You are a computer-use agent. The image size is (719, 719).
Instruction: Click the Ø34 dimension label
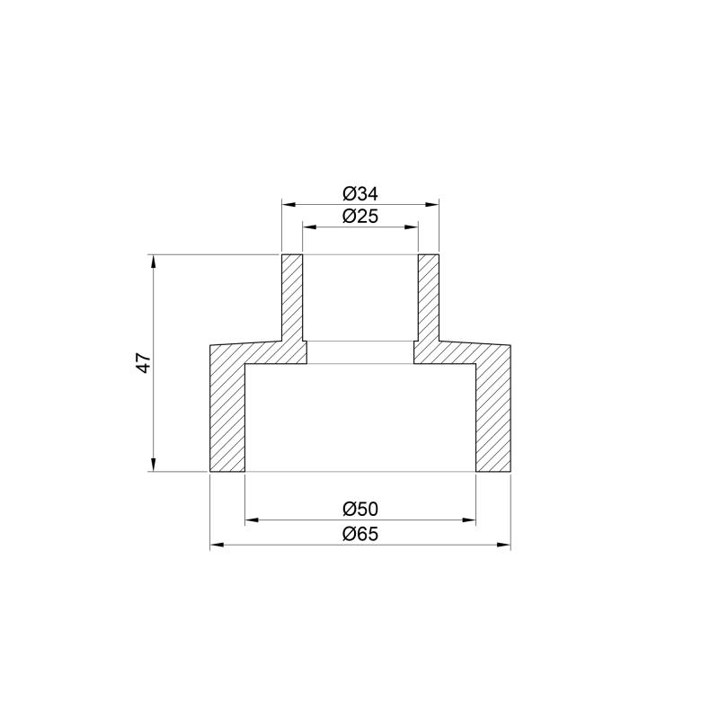click(360, 194)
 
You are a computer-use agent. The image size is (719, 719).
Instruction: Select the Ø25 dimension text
click(360, 216)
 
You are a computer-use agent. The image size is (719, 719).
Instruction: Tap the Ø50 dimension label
click(360, 509)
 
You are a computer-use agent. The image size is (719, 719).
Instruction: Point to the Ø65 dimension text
click(360, 534)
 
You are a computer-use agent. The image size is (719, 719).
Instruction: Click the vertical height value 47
click(144, 363)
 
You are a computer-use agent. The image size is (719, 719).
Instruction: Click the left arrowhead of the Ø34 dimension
click(288, 205)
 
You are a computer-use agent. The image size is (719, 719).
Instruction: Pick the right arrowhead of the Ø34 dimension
click(432, 205)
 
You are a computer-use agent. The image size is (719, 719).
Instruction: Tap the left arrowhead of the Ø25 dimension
click(309, 226)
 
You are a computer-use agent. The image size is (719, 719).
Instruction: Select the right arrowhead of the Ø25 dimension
click(412, 226)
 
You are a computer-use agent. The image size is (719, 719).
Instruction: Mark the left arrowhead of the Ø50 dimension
click(253, 520)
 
